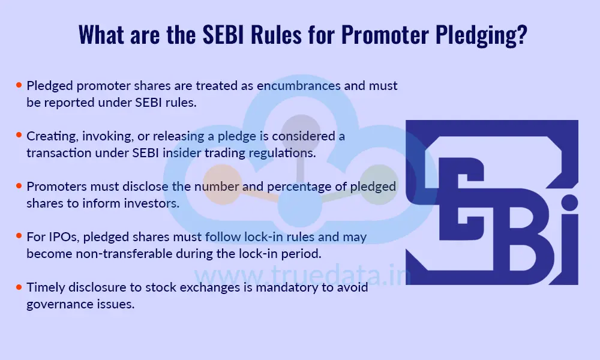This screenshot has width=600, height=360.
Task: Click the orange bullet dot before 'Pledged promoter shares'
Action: click(x=19, y=86)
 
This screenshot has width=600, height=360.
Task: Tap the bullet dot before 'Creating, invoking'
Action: click(x=19, y=136)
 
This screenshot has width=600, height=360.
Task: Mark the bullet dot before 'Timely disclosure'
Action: click(x=19, y=287)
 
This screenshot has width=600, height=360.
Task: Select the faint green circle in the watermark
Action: click(x=379, y=184)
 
